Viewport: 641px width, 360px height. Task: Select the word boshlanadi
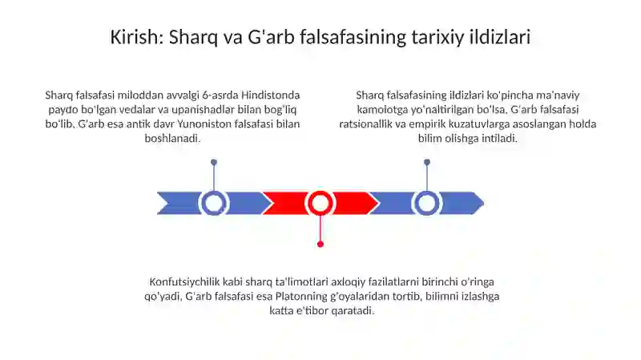click(x=173, y=138)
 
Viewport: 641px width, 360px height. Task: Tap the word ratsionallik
click(x=373, y=124)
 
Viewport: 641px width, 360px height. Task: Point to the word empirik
click(x=442, y=124)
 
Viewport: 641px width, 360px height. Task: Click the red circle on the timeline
click(x=320, y=203)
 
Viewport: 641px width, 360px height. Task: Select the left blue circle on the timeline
click(x=214, y=203)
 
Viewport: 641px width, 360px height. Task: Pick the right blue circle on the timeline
click(x=426, y=203)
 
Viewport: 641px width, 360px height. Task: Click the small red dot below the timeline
click(x=320, y=244)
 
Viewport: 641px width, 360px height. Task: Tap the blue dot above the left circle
click(x=214, y=162)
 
